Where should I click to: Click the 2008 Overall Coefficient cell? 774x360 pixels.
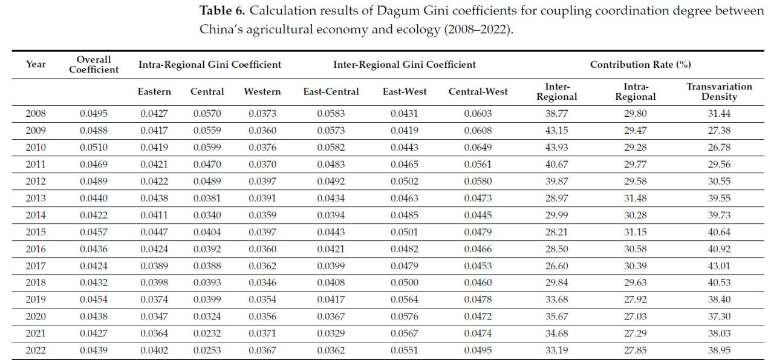click(x=94, y=114)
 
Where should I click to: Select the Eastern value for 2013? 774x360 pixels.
click(x=154, y=197)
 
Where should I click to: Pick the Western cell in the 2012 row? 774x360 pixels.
click(x=262, y=181)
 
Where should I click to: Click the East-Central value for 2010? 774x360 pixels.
click(x=330, y=147)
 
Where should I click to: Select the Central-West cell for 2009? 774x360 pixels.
click(x=478, y=130)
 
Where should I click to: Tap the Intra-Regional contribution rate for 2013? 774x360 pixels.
click(x=635, y=197)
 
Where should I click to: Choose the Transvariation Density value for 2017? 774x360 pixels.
click(x=719, y=265)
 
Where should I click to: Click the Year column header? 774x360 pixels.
click(x=36, y=64)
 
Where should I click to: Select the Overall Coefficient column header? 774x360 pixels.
click(x=94, y=64)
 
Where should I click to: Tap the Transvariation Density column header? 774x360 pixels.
click(x=719, y=92)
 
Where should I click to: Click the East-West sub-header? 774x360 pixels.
click(x=404, y=92)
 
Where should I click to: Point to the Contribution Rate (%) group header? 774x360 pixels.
click(x=640, y=64)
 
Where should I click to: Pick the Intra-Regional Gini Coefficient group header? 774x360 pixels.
click(x=210, y=64)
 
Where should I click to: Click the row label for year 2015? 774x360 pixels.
click(x=36, y=231)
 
